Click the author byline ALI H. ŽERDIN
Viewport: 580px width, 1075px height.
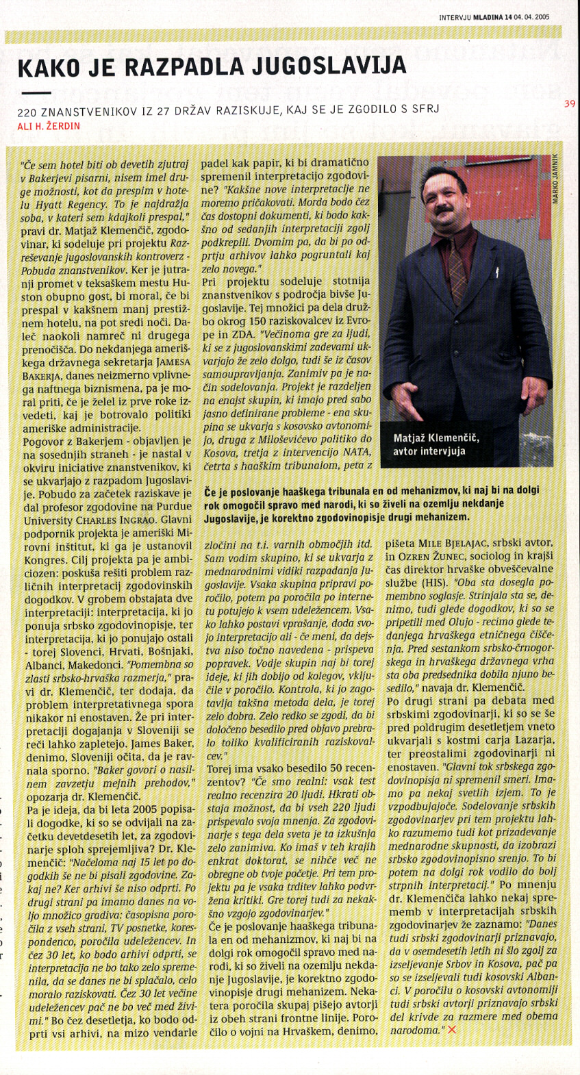pos(49,126)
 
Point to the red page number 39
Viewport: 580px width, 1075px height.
pos(570,104)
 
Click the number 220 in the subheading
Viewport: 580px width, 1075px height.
pos(27,110)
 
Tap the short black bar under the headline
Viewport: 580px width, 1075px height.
pos(36,92)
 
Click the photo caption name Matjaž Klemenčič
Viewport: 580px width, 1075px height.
pos(436,438)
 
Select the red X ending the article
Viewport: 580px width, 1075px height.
pos(451,1029)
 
